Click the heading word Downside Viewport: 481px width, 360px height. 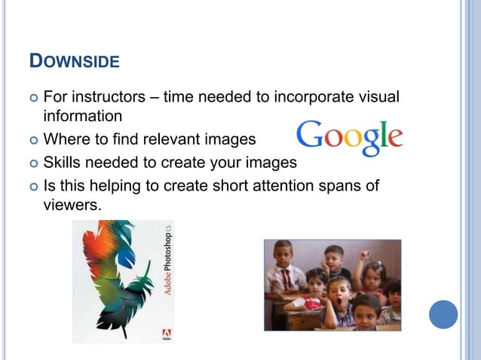(x=74, y=60)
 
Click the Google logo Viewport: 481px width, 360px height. (x=349, y=138)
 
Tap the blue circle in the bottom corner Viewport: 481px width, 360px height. (x=443, y=314)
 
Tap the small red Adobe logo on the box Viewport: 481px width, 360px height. (x=167, y=332)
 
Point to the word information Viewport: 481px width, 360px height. (x=82, y=117)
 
